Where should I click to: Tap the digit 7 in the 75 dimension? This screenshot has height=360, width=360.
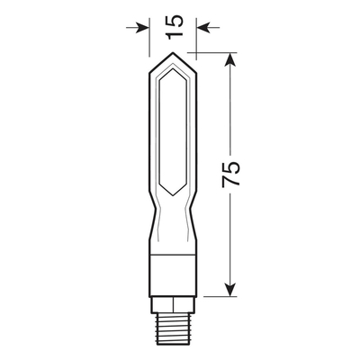(231, 184)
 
